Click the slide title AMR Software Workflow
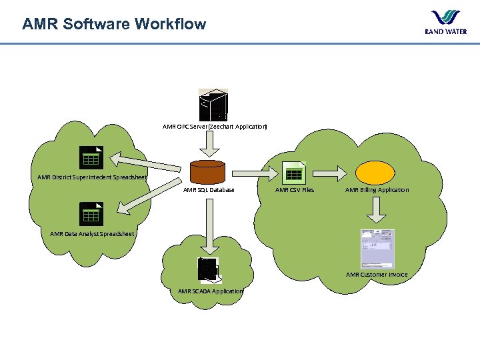coord(114,25)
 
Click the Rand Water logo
coord(445,22)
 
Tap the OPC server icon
coord(213,105)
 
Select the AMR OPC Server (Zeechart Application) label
coord(215,126)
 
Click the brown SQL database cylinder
coord(207,171)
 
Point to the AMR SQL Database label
coord(209,190)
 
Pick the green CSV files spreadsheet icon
coord(293,173)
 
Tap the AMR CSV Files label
coord(295,190)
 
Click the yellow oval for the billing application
coord(377,173)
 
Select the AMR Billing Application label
coord(377,190)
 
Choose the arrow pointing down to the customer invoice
coord(377,211)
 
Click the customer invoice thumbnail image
coord(377,248)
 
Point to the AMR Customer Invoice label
coord(377,275)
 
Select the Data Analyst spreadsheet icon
coord(89,213)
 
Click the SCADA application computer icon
coord(208,270)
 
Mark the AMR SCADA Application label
coord(210,291)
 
